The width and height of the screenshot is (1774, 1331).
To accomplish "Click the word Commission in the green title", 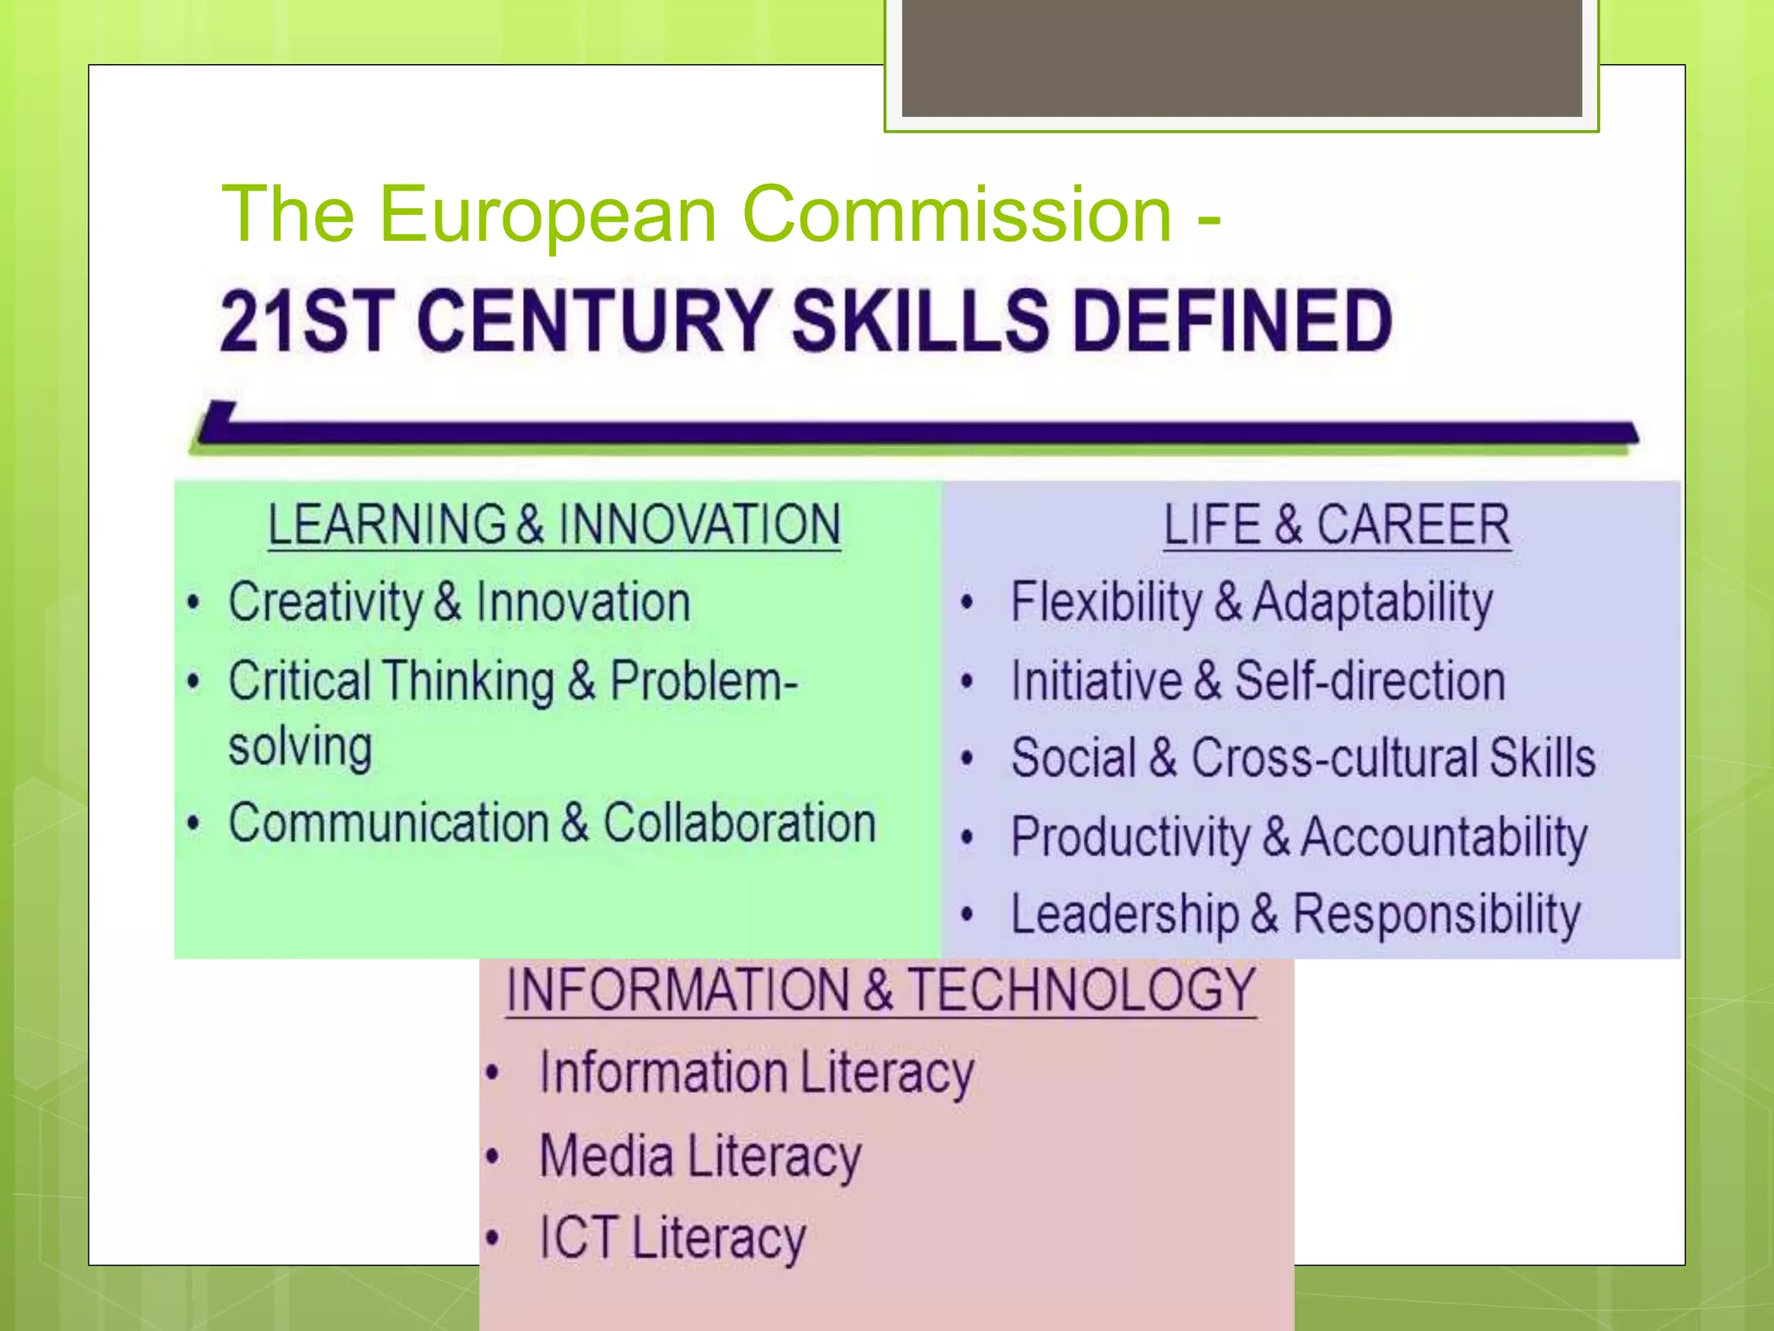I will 957,214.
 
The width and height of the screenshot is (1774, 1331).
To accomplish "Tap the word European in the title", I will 547,214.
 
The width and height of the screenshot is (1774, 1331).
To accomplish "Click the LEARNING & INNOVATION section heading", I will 554,525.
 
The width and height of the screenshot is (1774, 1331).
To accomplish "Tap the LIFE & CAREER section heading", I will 1337,525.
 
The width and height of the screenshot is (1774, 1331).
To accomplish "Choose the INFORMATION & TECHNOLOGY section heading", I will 881,990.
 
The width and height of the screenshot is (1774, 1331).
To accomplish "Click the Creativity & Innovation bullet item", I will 459,602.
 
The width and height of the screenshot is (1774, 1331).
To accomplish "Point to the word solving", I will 301,747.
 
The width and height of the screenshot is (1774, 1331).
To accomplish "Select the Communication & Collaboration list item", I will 552,822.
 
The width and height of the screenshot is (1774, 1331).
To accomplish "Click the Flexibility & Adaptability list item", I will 1252,602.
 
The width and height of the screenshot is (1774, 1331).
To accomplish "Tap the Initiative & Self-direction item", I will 1258,680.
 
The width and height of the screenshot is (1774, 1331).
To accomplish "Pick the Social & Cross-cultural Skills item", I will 1303,758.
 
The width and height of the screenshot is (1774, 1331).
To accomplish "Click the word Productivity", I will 1130,837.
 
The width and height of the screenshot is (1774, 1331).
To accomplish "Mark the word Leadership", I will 1124,915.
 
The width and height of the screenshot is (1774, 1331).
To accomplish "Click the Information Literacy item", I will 756,1073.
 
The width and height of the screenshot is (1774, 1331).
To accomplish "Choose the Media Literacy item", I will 700,1157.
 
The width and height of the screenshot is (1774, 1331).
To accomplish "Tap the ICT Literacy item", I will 672,1237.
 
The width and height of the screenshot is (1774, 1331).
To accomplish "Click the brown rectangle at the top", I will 1241,57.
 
